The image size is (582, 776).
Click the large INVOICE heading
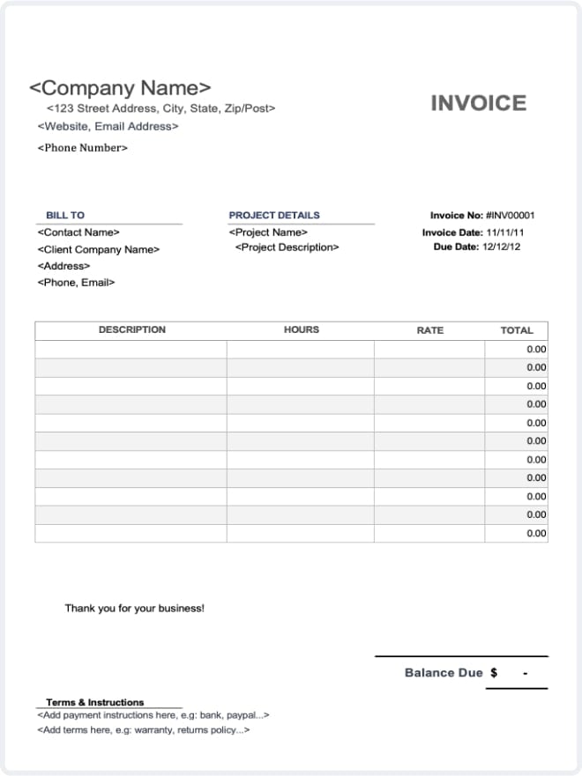(x=478, y=103)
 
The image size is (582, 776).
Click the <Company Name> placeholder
(x=120, y=88)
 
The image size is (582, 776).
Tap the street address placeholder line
(x=160, y=108)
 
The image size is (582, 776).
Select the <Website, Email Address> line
(x=108, y=126)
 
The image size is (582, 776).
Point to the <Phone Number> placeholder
(x=83, y=147)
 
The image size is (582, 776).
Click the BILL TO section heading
(x=65, y=215)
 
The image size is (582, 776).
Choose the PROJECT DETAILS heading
(x=274, y=215)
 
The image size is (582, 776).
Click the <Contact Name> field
(x=78, y=233)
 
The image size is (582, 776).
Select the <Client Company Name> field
(x=99, y=249)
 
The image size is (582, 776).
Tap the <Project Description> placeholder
(x=287, y=248)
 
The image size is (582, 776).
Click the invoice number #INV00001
(x=510, y=215)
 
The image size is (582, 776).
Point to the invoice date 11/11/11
(x=504, y=233)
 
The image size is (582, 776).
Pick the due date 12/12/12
(x=502, y=247)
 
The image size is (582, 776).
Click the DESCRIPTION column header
(x=131, y=329)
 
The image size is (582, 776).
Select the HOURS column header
(x=301, y=329)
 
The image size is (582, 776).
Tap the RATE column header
(x=429, y=330)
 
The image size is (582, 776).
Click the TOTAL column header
(x=516, y=330)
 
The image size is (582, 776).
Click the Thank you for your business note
(x=134, y=608)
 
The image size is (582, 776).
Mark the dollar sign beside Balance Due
(x=494, y=673)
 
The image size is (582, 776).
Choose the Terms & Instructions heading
(x=94, y=702)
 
